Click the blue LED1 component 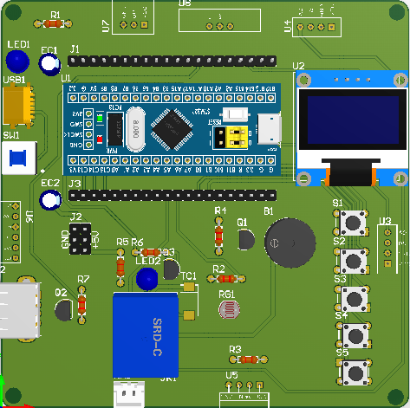(16, 62)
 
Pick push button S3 (354, 297)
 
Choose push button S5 (354, 372)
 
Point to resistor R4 (218, 233)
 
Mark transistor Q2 (62, 309)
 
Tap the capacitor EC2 (51, 201)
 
